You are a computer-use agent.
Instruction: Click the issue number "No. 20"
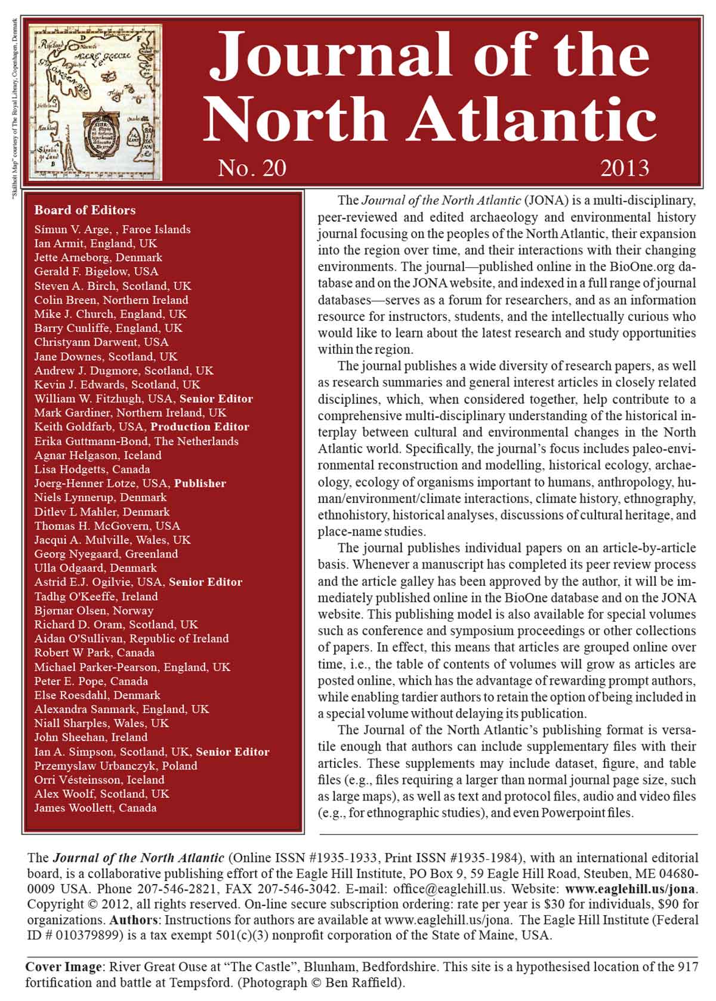coord(252,168)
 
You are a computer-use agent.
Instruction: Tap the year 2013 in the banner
coord(625,168)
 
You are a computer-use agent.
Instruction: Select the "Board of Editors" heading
coord(85,210)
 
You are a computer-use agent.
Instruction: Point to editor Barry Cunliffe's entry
coord(108,328)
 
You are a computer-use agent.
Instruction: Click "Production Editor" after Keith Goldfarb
coord(199,427)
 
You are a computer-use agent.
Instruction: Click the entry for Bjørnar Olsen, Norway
coord(94,611)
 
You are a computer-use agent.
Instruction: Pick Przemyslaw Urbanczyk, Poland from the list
coord(115,766)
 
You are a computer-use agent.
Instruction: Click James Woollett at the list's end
coord(95,808)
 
